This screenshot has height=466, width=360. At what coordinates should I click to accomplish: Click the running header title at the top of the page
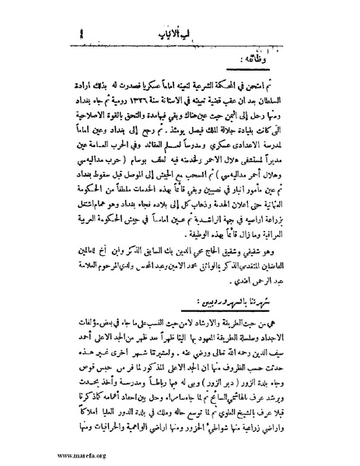[183, 14]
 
